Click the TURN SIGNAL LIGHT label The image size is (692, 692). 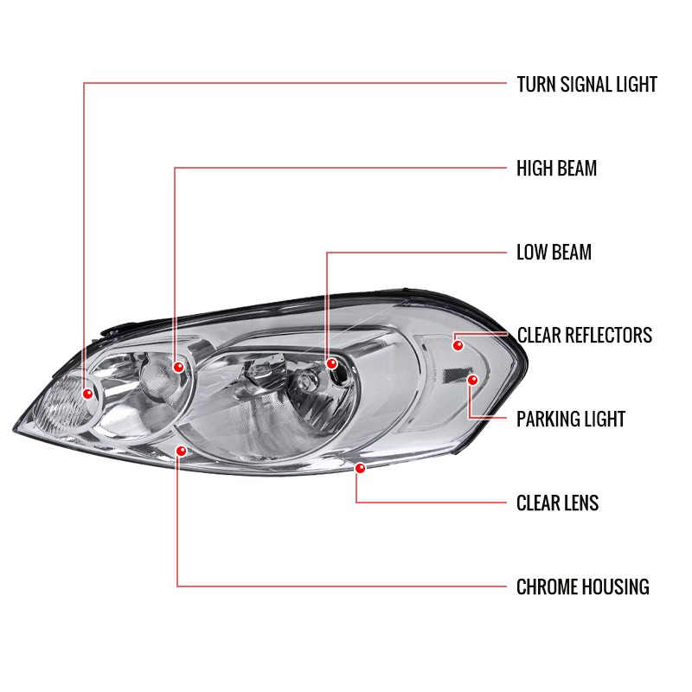(x=586, y=84)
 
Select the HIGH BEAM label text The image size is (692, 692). (x=556, y=168)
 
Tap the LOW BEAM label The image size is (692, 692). (x=554, y=252)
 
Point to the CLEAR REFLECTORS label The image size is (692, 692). (x=585, y=335)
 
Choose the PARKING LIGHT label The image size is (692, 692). (x=571, y=419)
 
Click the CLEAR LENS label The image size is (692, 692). (x=557, y=503)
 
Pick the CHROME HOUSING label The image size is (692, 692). (x=583, y=586)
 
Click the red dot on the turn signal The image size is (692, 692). (x=88, y=394)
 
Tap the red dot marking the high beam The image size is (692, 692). (x=179, y=367)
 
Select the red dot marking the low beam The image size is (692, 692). (x=331, y=363)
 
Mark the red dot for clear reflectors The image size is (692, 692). (x=458, y=345)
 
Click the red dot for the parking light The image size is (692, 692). (x=472, y=380)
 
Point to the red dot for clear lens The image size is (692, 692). (x=360, y=468)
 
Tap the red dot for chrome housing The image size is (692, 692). (x=182, y=451)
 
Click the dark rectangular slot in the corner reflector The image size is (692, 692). (x=454, y=375)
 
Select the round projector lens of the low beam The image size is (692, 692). (x=304, y=381)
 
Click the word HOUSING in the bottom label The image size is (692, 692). (x=616, y=586)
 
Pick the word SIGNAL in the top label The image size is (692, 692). (x=586, y=84)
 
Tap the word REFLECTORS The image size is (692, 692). (x=609, y=335)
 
